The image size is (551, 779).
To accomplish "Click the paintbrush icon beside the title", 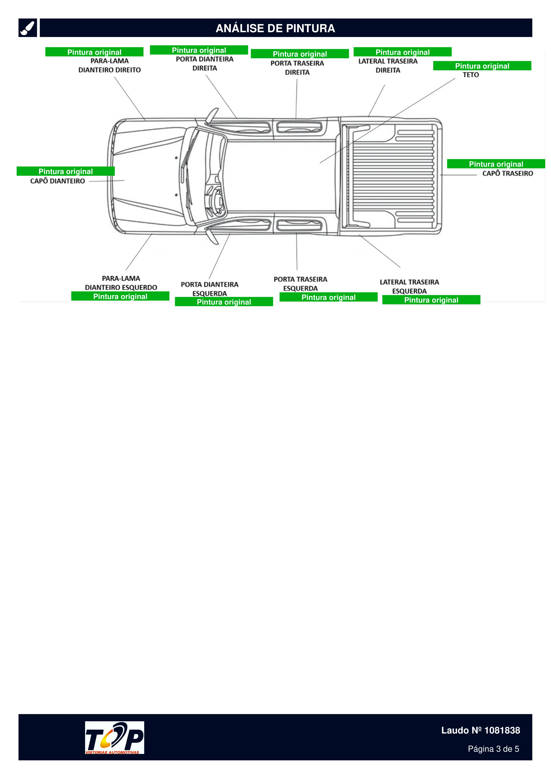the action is pyautogui.click(x=28, y=28).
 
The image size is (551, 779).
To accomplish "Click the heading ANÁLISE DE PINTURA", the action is pyautogui.click(x=275, y=28).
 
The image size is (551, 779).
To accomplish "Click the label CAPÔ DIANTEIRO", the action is pyautogui.click(x=57, y=181).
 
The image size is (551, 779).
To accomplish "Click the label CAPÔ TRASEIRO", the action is pyautogui.click(x=507, y=173).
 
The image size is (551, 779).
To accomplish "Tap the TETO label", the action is pyautogui.click(x=471, y=75).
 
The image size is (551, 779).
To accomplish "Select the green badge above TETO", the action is pyautogui.click(x=482, y=66).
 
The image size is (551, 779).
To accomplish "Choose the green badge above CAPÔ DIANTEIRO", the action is pyautogui.click(x=66, y=171).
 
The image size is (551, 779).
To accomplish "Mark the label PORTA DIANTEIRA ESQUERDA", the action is pyautogui.click(x=210, y=289).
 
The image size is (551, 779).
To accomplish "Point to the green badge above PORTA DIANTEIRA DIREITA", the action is pyautogui.click(x=199, y=50).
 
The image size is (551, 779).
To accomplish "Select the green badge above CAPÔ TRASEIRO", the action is pyautogui.click(x=496, y=164).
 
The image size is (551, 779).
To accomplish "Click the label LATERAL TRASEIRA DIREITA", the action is pyautogui.click(x=388, y=66).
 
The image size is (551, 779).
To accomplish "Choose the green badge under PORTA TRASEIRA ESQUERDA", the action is pyautogui.click(x=329, y=297).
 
